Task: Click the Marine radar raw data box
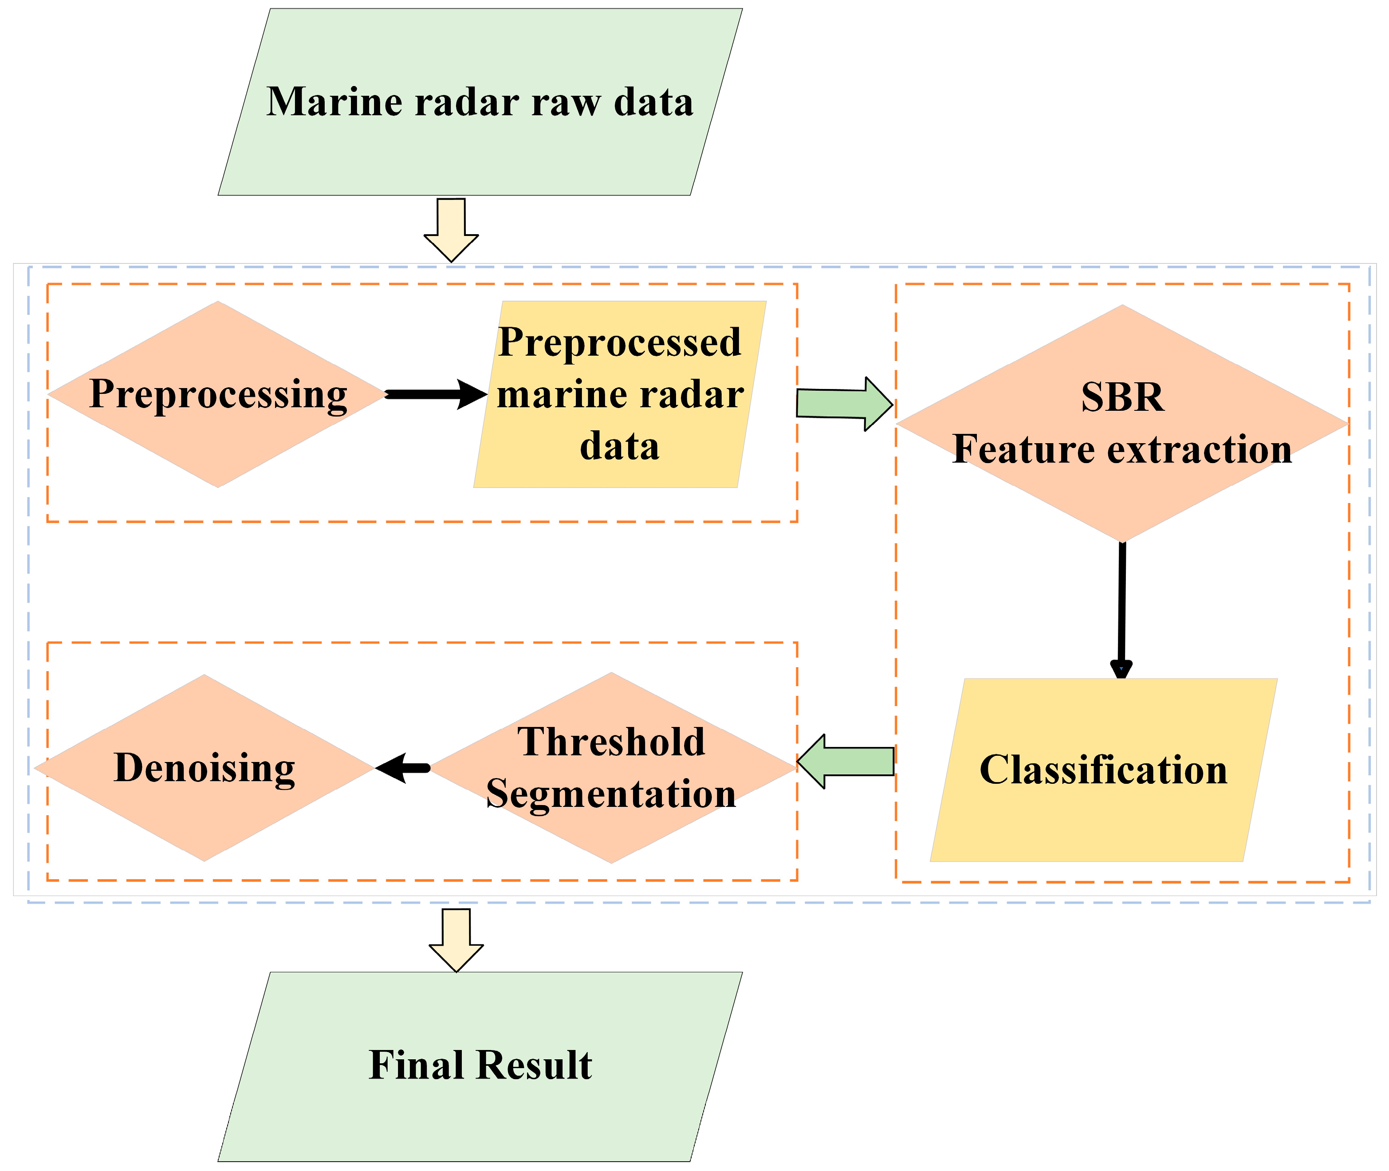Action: click(480, 102)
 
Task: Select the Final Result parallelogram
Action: click(480, 1067)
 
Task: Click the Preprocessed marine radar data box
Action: click(619, 394)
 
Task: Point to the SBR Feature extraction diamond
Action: click(1122, 424)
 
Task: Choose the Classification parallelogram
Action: click(1103, 770)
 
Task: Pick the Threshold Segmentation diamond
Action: click(611, 768)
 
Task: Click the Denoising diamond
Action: click(205, 768)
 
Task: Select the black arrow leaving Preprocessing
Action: click(436, 394)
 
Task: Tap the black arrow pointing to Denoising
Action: click(403, 768)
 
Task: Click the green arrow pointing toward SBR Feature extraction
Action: click(845, 404)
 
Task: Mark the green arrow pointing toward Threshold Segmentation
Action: click(845, 762)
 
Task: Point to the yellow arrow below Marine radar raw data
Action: click(452, 230)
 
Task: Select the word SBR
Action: click(1122, 397)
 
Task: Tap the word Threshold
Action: click(611, 742)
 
